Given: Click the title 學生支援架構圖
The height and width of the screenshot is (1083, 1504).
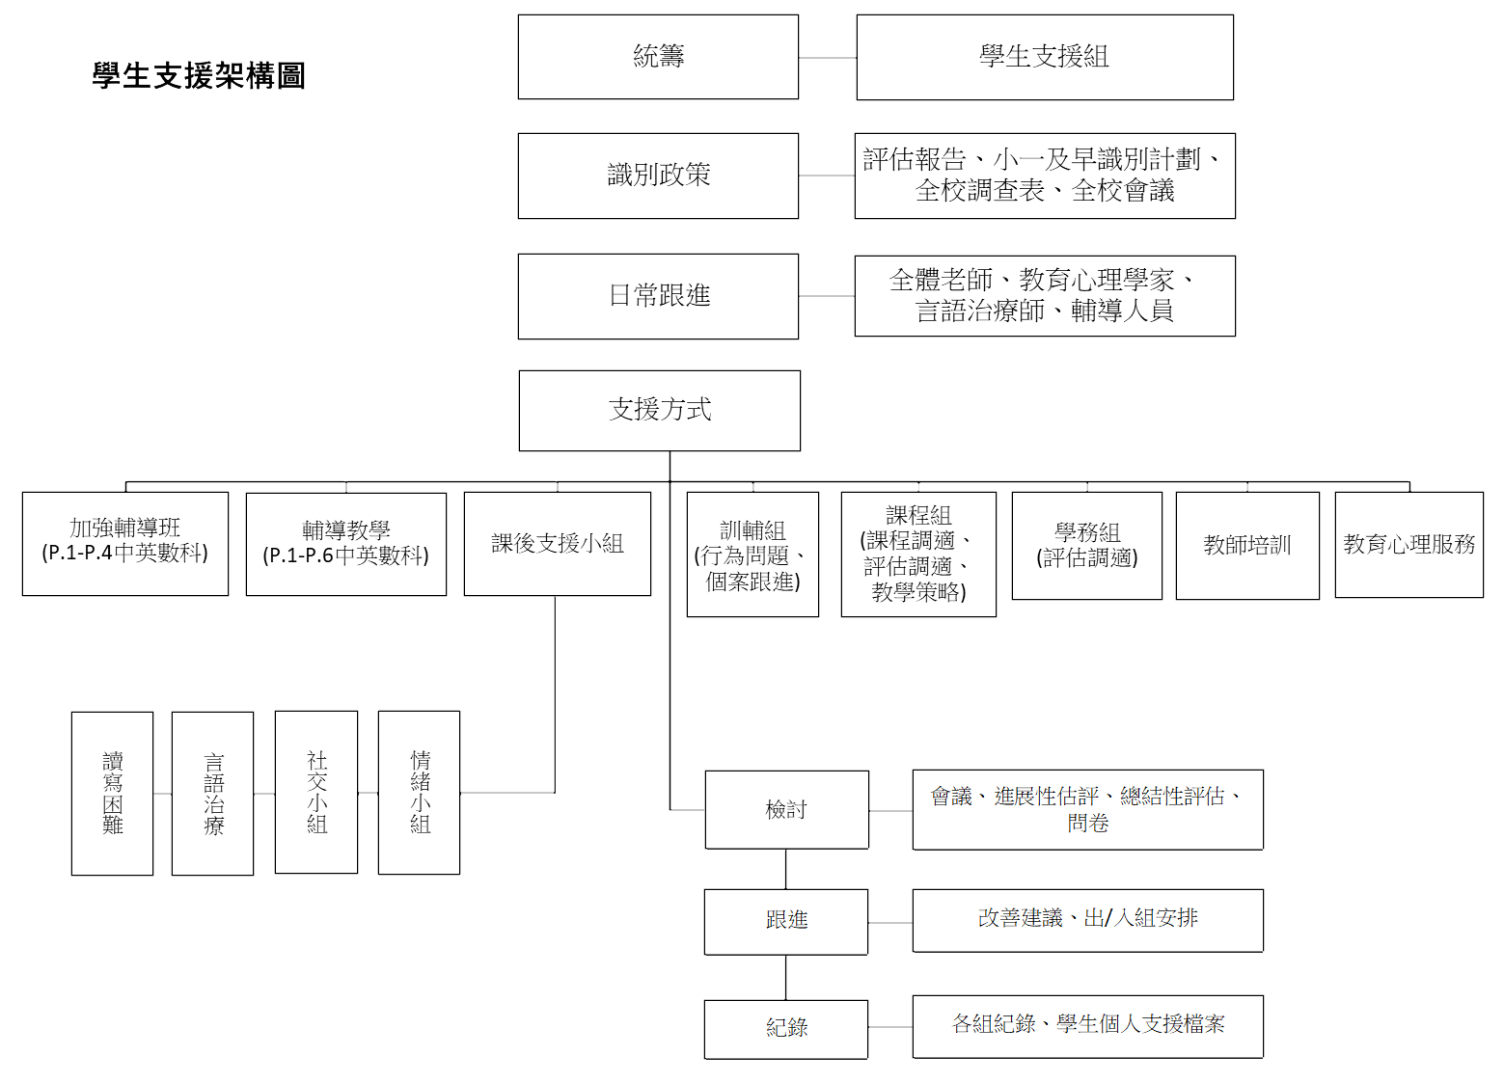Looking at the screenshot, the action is pos(199,75).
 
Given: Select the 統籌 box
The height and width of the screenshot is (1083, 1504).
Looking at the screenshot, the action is pos(658,57).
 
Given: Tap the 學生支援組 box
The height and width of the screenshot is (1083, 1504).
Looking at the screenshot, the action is pos(1045,57).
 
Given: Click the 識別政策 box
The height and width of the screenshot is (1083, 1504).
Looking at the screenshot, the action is pos(658,176).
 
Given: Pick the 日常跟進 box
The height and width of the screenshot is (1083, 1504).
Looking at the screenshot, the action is pos(658,296).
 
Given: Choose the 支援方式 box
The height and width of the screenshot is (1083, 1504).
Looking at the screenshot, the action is pos(659,411).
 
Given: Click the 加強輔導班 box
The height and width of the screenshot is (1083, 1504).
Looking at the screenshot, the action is pos(124,544).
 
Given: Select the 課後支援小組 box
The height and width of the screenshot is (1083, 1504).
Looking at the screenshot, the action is pos(558,544).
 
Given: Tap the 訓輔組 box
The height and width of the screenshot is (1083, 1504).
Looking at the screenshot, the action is pos(752,555).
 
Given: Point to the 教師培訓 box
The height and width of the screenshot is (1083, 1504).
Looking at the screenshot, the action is pos(1247,546).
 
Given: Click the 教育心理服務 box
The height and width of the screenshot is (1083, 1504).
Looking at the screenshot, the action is pos(1409,545).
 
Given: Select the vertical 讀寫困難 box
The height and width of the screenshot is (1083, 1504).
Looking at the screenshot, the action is pos(112,793).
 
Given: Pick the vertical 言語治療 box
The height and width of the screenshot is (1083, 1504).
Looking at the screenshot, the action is pos(213,793).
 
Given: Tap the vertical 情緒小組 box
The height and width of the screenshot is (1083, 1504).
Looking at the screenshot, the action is pos(419,793).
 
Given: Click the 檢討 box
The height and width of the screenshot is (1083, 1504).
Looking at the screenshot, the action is pos(787,810).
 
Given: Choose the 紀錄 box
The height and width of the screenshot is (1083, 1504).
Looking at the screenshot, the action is pos(786,1029).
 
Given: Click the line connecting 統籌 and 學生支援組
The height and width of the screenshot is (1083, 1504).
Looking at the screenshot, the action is pos(828,58).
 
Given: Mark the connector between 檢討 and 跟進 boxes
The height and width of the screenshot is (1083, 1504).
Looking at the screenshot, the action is pos(786,870).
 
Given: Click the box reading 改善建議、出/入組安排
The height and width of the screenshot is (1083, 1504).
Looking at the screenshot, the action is pos(1087,921).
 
